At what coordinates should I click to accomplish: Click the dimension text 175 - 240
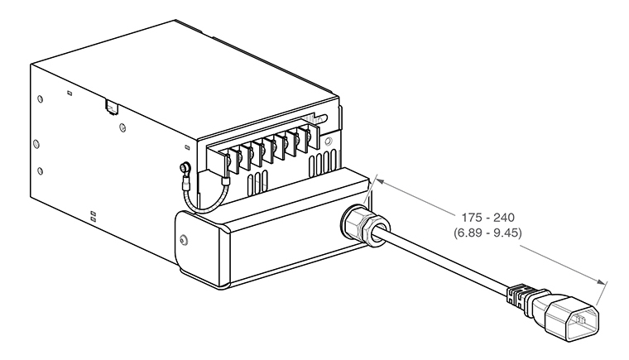coord(487,218)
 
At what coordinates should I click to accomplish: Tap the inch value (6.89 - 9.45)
coord(487,233)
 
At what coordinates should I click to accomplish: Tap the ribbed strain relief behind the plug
coord(521,299)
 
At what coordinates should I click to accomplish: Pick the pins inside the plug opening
coord(580,320)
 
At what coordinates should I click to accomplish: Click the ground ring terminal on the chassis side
coord(185,167)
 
